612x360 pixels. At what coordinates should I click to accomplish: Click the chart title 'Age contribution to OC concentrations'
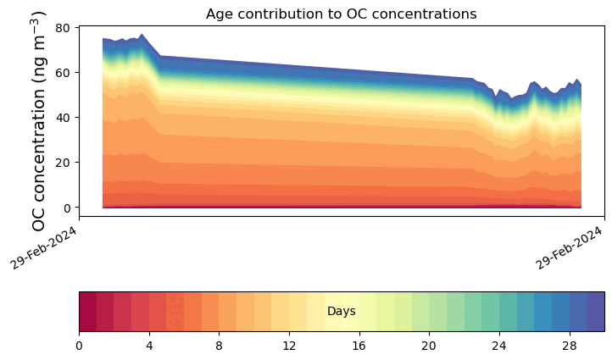[x=341, y=14]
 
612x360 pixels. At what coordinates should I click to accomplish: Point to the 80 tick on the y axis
[x=63, y=27]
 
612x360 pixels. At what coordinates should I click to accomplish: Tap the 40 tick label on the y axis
[x=63, y=117]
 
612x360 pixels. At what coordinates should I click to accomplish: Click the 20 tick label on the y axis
[x=63, y=162]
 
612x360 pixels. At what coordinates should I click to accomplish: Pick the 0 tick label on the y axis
[x=66, y=207]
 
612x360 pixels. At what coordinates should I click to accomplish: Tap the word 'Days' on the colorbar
[x=342, y=312]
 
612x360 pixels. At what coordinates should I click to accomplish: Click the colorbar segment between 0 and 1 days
[x=87, y=312]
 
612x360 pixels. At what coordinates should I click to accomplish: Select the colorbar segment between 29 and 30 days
[x=596, y=312]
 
